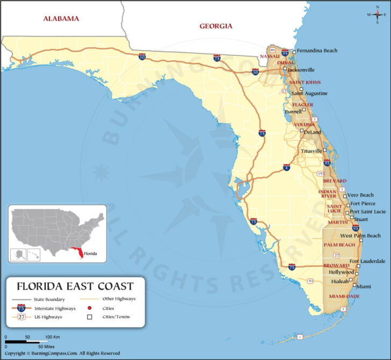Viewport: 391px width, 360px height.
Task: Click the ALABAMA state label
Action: tap(61, 18)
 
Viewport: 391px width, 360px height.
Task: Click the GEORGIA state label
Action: tap(215, 26)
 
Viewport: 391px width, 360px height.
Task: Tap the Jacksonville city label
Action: tap(301, 69)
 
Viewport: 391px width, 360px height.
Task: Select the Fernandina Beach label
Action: tap(317, 51)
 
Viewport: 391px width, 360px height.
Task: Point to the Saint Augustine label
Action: tap(310, 93)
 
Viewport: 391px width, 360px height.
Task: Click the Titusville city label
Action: tap(312, 151)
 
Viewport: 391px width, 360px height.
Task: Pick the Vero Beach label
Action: tap(360, 195)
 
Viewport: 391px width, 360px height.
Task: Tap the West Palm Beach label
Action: tap(360, 236)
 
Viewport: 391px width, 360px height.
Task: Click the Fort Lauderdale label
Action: tap(367, 261)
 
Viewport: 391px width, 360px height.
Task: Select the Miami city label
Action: tap(364, 286)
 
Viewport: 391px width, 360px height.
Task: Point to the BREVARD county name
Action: tap(334, 181)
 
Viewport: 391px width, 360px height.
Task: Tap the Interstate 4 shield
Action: tap(287, 168)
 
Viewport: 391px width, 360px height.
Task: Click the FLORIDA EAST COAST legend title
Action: tap(75, 286)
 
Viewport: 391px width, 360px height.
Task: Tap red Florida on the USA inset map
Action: tap(81, 253)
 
